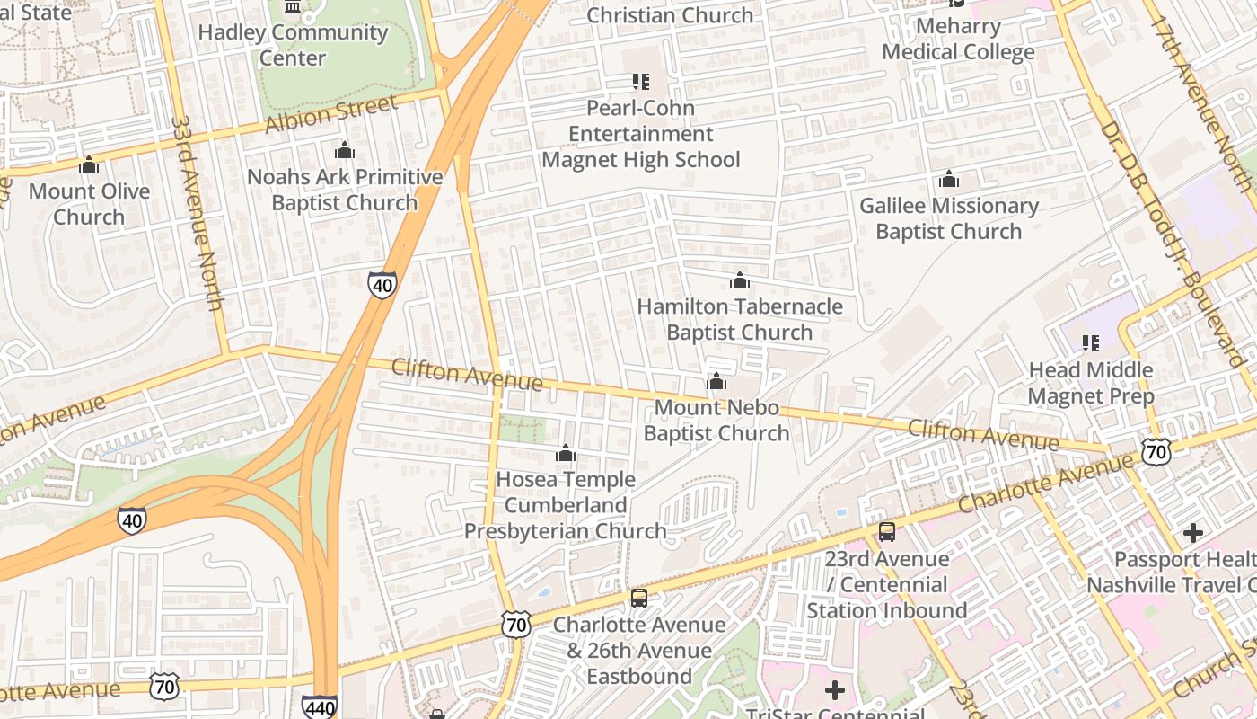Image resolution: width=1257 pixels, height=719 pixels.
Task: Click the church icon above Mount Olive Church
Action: pos(89,165)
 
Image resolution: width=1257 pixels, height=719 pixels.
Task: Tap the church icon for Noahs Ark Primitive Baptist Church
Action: pos(345,150)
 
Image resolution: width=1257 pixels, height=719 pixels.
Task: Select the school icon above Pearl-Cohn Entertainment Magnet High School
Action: pos(640,82)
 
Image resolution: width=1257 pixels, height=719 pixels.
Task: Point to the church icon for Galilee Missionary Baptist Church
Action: pos(948,180)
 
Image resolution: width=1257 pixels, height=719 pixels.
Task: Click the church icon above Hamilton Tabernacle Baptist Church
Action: pos(740,280)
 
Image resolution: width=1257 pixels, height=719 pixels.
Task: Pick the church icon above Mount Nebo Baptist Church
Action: pos(716,382)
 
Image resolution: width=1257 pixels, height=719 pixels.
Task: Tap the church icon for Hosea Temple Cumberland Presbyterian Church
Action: pos(566,454)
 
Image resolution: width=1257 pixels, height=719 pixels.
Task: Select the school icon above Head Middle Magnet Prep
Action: pos(1091,343)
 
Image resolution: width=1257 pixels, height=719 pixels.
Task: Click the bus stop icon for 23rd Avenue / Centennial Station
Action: pos(887,532)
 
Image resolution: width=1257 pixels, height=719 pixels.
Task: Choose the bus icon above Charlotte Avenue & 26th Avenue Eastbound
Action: pos(638,599)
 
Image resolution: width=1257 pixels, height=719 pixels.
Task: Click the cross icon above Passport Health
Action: pos(1192,533)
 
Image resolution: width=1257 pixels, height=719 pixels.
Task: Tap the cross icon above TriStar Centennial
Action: pos(835,690)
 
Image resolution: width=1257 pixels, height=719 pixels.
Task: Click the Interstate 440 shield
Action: pos(320,707)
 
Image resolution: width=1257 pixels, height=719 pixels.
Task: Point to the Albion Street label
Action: pos(331,115)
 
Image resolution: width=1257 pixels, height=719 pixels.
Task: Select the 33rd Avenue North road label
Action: pos(198,212)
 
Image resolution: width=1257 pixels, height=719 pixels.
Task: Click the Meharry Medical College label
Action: pos(958,40)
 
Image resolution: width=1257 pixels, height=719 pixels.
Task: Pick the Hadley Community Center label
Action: pos(293,45)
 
